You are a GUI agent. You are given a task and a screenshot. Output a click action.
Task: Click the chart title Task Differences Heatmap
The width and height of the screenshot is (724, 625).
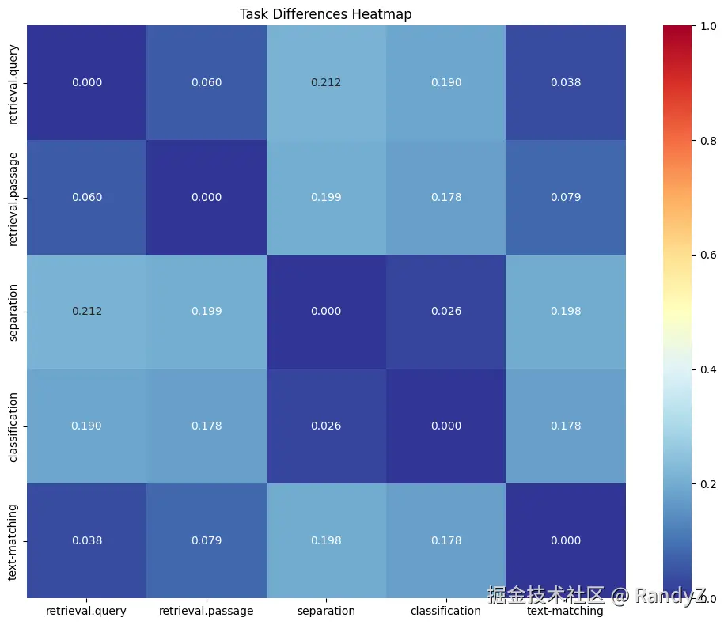(x=325, y=14)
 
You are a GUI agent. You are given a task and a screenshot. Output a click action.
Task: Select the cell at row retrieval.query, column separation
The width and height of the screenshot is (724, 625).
(x=326, y=82)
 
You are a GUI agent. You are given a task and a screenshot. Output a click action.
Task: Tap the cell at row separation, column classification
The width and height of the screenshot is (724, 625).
(x=445, y=311)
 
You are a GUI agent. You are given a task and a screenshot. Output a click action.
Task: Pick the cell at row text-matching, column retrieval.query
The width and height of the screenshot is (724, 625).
(x=86, y=540)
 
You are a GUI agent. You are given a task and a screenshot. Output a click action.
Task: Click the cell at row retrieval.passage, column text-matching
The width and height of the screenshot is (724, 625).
(x=565, y=197)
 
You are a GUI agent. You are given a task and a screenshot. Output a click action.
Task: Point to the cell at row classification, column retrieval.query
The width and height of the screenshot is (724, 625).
(x=86, y=426)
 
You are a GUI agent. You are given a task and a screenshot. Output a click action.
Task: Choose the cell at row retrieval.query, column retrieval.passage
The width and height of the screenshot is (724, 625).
(x=206, y=82)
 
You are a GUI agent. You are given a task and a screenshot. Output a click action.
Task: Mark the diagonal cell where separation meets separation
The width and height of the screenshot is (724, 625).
(x=326, y=311)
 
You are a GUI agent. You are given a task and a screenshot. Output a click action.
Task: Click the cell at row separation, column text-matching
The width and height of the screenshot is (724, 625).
(x=565, y=311)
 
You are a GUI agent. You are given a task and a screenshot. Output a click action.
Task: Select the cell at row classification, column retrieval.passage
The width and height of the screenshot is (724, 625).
(x=206, y=426)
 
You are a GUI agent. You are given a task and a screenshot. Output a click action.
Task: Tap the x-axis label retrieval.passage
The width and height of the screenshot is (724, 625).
(x=206, y=611)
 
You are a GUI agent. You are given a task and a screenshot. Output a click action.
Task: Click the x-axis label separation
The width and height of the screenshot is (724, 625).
(x=326, y=611)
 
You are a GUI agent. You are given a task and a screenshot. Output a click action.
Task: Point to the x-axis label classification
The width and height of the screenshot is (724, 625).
(x=445, y=611)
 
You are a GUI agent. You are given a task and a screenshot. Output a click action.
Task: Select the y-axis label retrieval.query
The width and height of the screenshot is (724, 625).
(x=13, y=83)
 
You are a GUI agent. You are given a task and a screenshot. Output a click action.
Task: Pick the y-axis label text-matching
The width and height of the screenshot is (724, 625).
(x=13, y=541)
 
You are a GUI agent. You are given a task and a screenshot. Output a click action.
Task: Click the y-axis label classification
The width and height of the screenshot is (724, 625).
(x=13, y=426)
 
